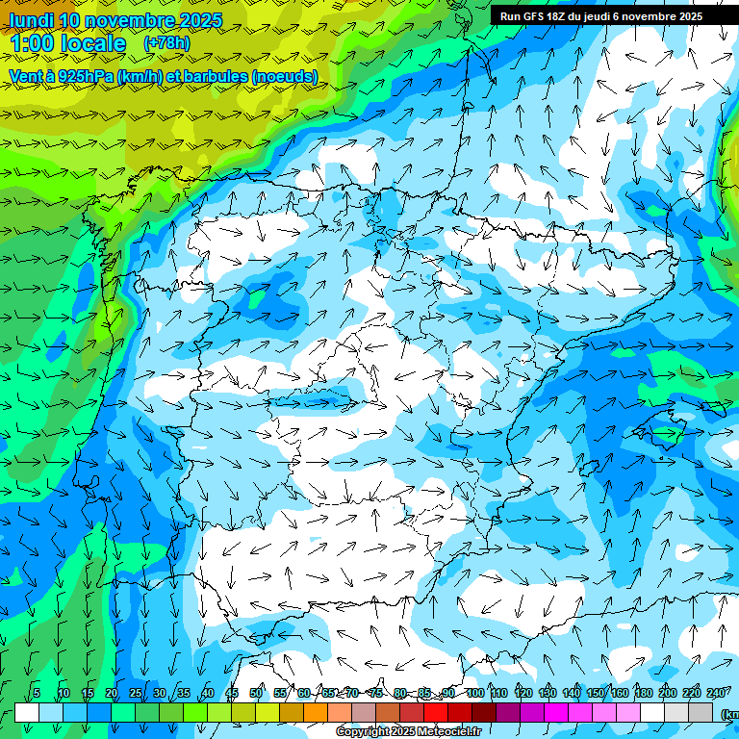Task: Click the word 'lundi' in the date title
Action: tap(31, 20)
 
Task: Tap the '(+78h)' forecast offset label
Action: tap(166, 43)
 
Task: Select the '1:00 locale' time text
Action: tap(67, 43)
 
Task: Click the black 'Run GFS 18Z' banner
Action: tap(600, 16)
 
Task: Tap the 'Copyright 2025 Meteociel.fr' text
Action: tap(408, 732)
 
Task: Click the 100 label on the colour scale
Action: tap(475, 694)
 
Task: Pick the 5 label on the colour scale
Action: tap(37, 694)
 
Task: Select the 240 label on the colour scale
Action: tap(716, 694)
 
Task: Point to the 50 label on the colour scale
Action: tap(256, 694)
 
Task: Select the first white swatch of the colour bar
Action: tap(27, 712)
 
